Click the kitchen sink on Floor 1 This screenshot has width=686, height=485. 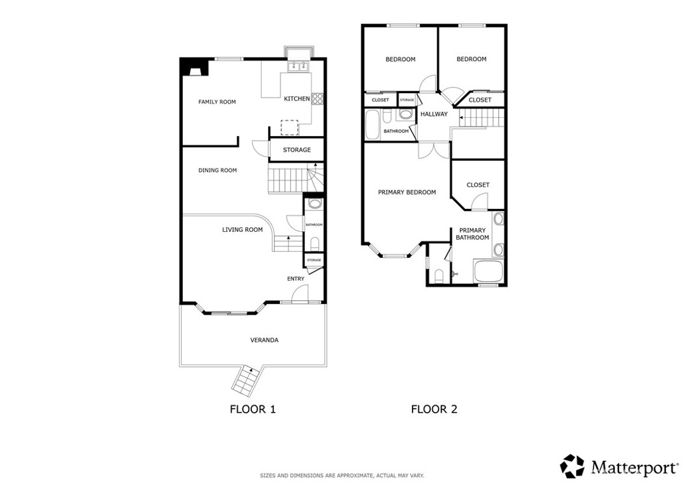click(x=298, y=66)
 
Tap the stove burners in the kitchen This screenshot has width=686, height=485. click(x=318, y=98)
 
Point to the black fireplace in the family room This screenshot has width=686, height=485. click(x=195, y=68)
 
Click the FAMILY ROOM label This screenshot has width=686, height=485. click(x=217, y=102)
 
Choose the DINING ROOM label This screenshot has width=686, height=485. click(x=218, y=170)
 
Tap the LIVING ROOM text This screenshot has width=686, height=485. click(x=243, y=230)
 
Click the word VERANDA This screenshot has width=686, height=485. click(x=265, y=340)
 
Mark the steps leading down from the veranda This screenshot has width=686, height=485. click(x=245, y=380)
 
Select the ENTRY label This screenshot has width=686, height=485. click(x=295, y=279)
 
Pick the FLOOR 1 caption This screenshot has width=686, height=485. click(x=253, y=409)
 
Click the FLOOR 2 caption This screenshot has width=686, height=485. click(x=434, y=409)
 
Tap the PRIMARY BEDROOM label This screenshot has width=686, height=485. click(x=407, y=192)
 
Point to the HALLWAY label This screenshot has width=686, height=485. click(x=434, y=114)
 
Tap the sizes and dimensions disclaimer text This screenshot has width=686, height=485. click(x=342, y=476)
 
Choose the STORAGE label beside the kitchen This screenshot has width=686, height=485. click(x=296, y=150)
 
